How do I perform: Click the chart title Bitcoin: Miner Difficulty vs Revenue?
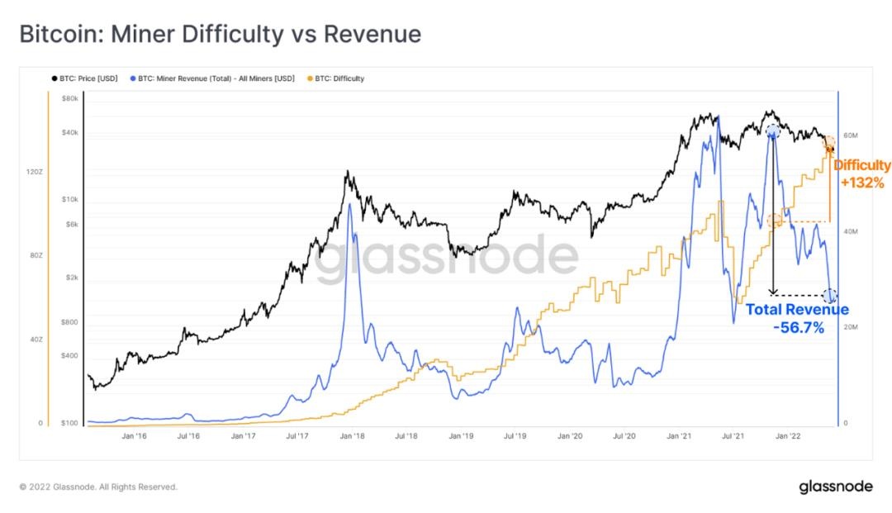pos(220,34)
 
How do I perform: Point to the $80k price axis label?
pos(69,99)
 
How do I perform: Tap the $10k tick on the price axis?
pos(69,200)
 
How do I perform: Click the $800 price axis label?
pos(69,322)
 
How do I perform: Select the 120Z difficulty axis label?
pos(35,172)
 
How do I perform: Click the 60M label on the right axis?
pos(852,135)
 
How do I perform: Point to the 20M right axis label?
pos(852,328)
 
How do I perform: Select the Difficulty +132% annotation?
pos(861,173)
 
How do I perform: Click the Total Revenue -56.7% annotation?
pos(796,318)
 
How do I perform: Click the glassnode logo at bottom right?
pos(835,487)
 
